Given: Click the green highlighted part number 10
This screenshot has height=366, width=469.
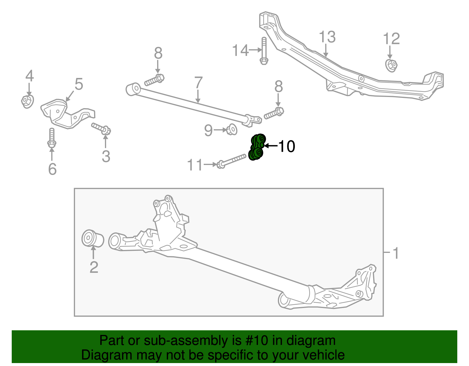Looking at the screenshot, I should pos(256,147).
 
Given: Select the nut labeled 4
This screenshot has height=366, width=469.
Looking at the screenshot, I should pos(27,101).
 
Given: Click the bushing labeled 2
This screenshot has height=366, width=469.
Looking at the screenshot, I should pos(92,239).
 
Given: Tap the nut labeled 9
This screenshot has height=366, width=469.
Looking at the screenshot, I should pos(232,129).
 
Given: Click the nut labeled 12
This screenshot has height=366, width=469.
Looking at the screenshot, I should pos(391,65).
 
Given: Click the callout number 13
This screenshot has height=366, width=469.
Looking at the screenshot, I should pos(327,37).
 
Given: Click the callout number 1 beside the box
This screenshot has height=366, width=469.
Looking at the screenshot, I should pos(395,253).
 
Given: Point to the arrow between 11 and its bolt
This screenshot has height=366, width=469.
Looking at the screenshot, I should pos(210,165).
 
